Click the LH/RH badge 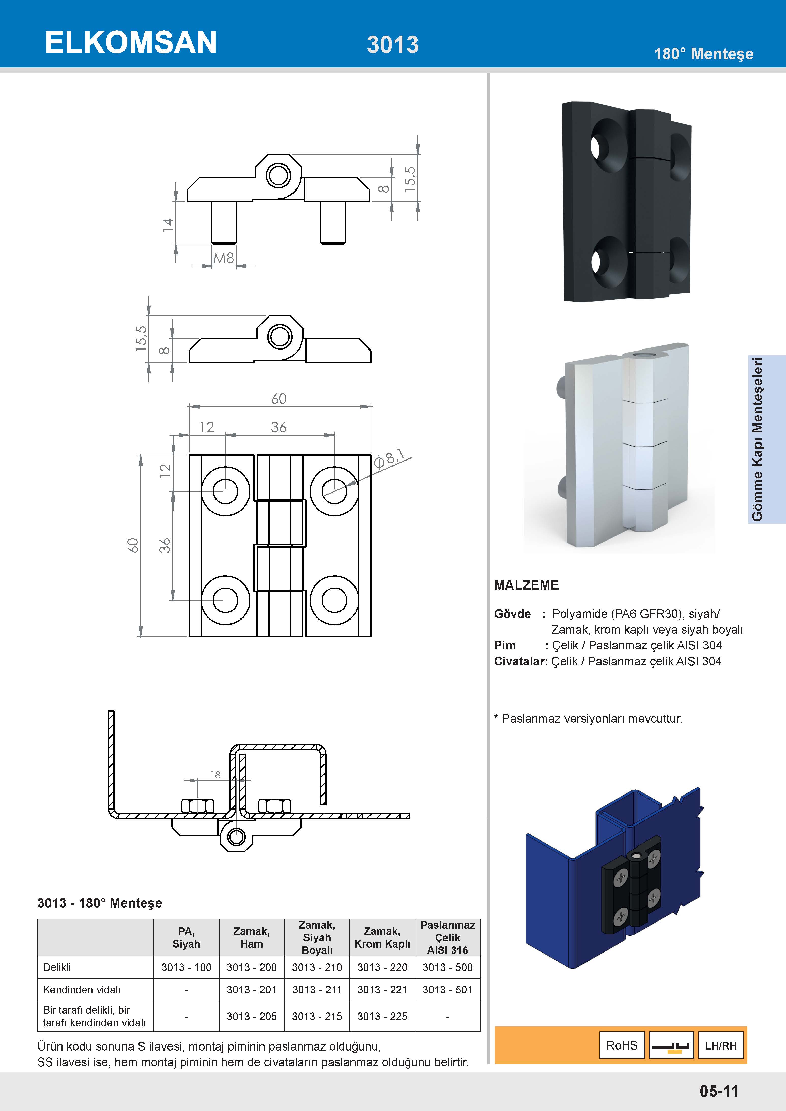point(721,1045)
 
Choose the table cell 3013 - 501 point(447,990)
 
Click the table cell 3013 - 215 point(317,1016)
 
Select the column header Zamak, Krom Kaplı point(382,937)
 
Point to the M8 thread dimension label point(224,258)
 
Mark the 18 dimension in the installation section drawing point(215,775)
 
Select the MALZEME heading point(526,585)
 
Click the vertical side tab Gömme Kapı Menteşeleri point(758,439)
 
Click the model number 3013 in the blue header point(393,44)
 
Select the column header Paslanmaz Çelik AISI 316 point(448,937)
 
